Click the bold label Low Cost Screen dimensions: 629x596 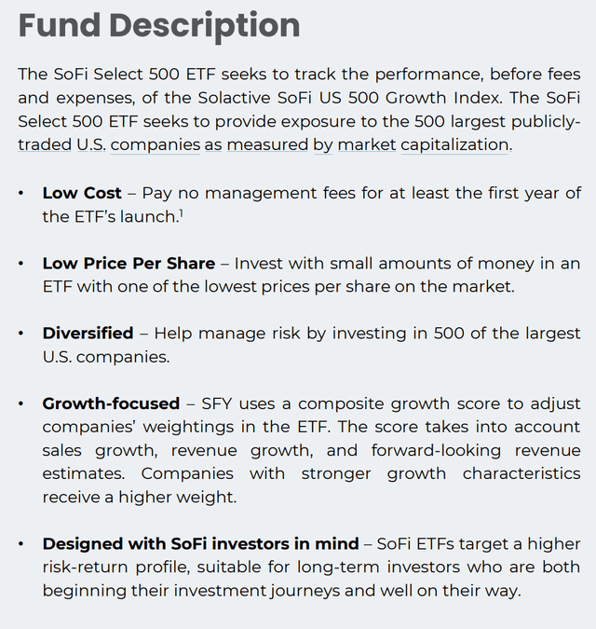tap(82, 193)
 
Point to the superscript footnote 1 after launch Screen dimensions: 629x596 tap(180, 213)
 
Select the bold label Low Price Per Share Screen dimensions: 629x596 tap(129, 264)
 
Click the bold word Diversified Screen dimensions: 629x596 tap(89, 334)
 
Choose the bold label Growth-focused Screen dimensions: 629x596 tap(111, 403)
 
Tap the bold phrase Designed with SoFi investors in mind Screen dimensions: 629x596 tap(200, 543)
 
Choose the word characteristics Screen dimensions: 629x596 tap(521, 473)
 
